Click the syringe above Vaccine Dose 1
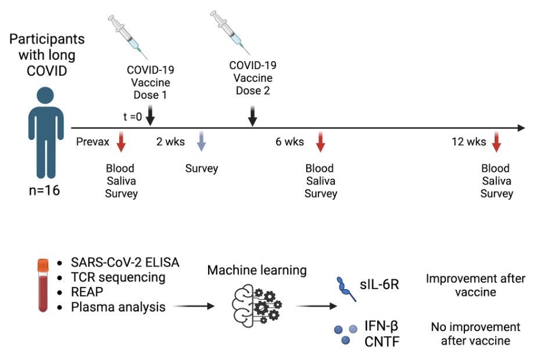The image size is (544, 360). tap(127, 37)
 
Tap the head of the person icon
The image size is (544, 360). tap(45, 96)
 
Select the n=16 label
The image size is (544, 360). tap(44, 190)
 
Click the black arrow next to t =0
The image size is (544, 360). tap(150, 116)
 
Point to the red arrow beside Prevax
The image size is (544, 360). tap(121, 141)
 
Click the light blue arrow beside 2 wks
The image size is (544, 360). tap(201, 141)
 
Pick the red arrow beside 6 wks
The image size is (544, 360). tap(320, 141)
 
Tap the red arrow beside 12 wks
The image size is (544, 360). tap(496, 141)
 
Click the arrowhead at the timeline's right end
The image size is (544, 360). tap(521, 128)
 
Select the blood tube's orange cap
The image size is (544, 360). tap(43, 265)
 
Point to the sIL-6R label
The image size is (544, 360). tap(379, 285)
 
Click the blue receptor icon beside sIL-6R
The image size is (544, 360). tap(346, 289)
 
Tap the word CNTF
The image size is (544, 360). tap(382, 341)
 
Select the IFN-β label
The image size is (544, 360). tap(381, 326)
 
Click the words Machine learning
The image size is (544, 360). tap(257, 270)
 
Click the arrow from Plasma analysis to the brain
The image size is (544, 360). tap(194, 306)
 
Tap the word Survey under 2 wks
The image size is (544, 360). tap(202, 169)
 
